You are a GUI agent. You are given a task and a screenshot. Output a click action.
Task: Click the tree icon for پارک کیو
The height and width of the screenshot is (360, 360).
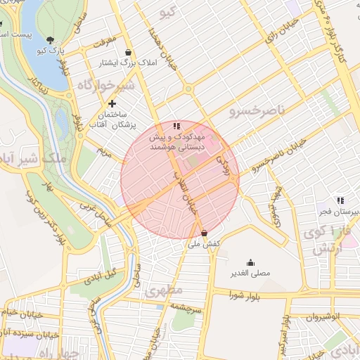[x=49, y=40]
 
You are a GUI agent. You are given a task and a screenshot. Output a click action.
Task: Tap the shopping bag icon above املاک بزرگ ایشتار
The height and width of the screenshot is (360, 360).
[x=127, y=52]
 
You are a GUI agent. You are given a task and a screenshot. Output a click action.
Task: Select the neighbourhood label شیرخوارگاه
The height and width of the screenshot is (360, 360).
[x=105, y=85]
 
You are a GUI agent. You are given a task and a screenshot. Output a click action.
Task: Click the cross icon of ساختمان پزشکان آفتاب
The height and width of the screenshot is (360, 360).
[x=112, y=103]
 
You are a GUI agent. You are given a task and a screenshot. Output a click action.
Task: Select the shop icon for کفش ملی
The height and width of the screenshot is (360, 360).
[x=204, y=233]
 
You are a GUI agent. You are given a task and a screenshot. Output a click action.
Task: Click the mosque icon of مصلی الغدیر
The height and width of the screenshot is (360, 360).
[x=250, y=262]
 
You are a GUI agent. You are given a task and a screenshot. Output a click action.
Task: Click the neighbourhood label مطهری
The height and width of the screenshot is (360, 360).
[x=165, y=290]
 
